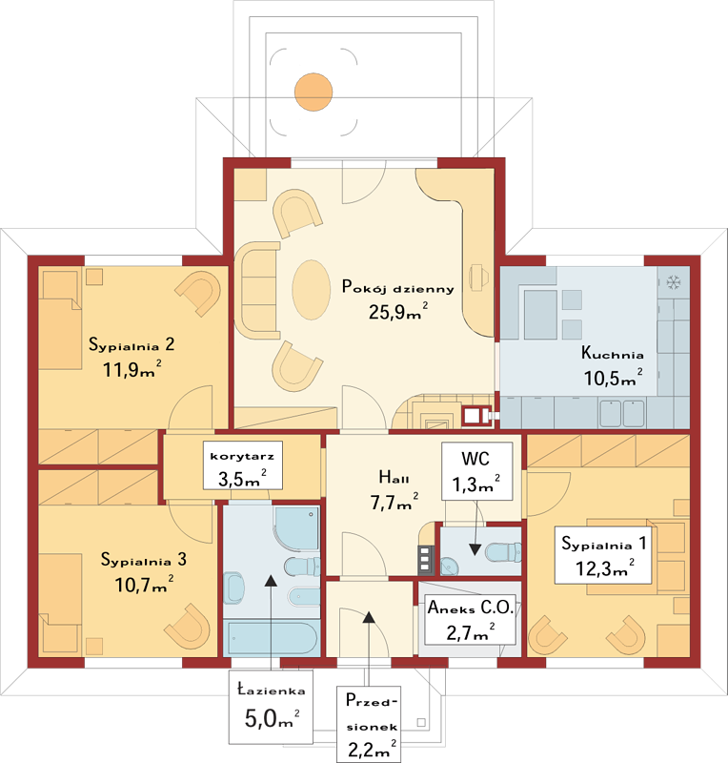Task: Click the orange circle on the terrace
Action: tap(313, 92)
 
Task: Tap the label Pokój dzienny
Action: tap(397, 287)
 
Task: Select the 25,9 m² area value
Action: tap(398, 312)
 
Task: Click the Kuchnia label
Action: tap(613, 353)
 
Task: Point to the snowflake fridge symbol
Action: tap(674, 282)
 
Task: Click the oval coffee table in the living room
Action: tap(312, 290)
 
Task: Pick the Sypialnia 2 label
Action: tap(131, 344)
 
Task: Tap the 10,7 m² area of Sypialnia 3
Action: tap(144, 584)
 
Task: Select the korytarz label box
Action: tap(243, 465)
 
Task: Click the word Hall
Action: tap(394, 478)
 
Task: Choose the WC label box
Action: tap(476, 471)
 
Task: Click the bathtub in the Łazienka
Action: tap(272, 638)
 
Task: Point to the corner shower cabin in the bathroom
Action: tap(296, 528)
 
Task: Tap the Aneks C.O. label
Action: tap(471, 608)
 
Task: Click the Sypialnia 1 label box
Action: tap(603, 555)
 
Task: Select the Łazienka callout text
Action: tap(272, 691)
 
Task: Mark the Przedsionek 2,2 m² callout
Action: tap(369, 725)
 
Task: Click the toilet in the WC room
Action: tap(503, 552)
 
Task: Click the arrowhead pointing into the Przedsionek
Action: tap(369, 617)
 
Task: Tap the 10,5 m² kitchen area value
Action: tap(613, 378)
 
